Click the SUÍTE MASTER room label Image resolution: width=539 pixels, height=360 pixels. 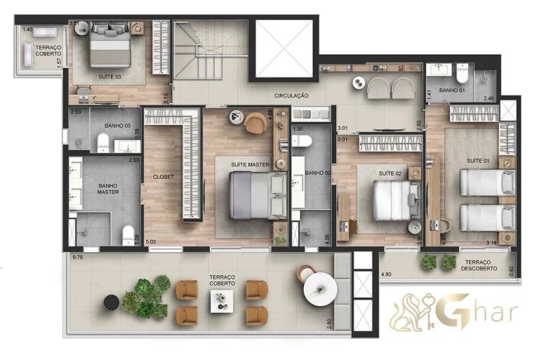coord(251,164)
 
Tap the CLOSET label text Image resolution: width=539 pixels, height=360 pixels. coord(164,177)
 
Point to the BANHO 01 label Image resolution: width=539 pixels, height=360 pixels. coord(452,91)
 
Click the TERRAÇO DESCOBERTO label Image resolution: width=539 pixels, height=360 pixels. coord(480,266)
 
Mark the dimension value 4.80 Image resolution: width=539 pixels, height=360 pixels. coord(386,274)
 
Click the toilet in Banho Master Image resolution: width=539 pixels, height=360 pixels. coord(128,235)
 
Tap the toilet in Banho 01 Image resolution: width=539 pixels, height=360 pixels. coord(462,73)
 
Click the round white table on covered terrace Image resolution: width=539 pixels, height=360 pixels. coord(320,289)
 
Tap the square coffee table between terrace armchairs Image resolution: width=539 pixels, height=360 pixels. coord(222,301)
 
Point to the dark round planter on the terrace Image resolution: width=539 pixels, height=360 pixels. coord(111,303)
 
